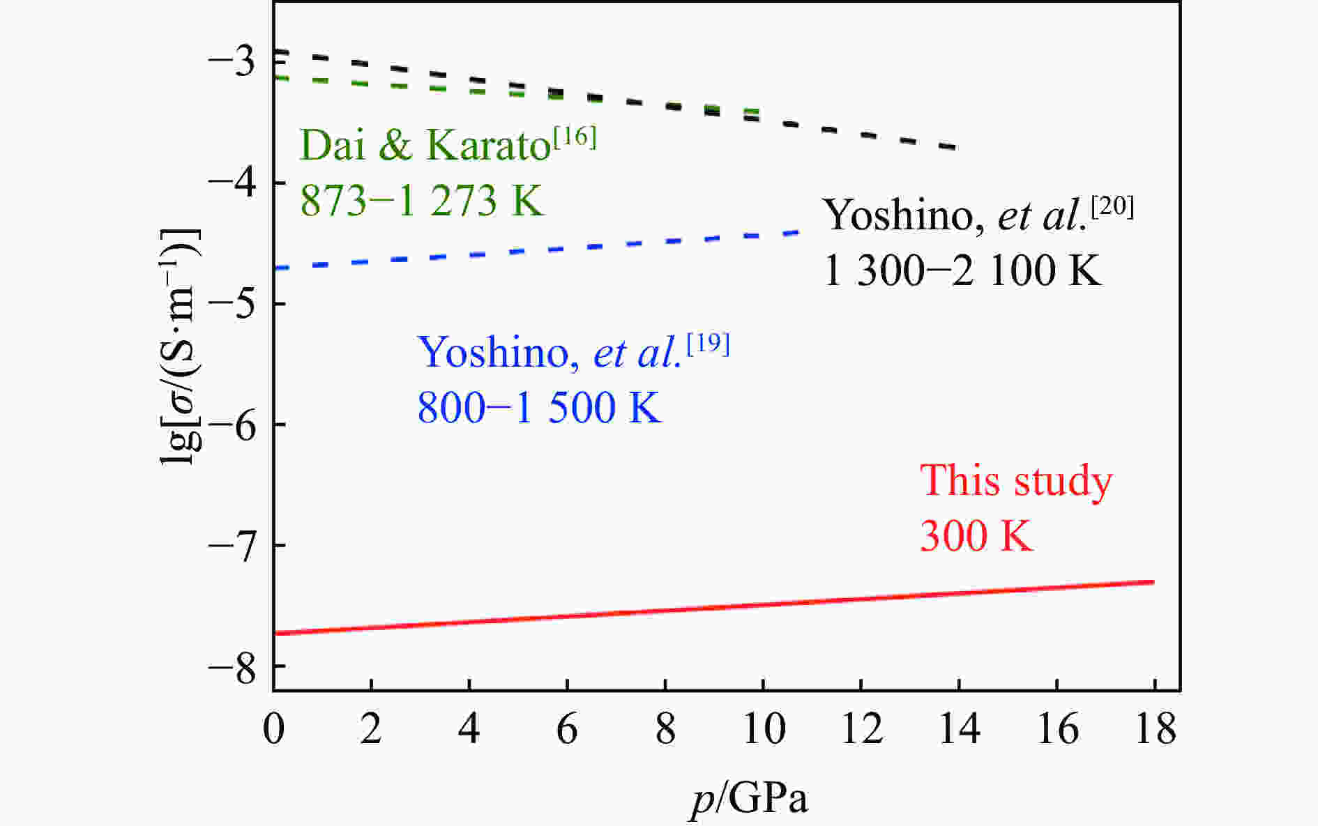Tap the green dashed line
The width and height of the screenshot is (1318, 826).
[349, 82]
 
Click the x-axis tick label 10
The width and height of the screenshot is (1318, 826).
[764, 729]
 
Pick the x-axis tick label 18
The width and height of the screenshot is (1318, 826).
[1156, 729]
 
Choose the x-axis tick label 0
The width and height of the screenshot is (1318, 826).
[273, 729]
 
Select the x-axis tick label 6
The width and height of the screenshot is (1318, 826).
[567, 729]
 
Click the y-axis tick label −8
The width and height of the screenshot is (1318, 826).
[232, 666]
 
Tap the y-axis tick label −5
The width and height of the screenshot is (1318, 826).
[232, 304]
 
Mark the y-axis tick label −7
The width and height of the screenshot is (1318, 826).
[232, 545]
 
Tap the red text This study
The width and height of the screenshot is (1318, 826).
[1016, 481]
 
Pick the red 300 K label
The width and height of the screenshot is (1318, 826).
[976, 536]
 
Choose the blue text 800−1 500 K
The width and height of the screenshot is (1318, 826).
[539, 408]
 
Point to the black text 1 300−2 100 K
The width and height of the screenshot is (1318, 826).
[962, 270]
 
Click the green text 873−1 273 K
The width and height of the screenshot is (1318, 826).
[421, 201]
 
